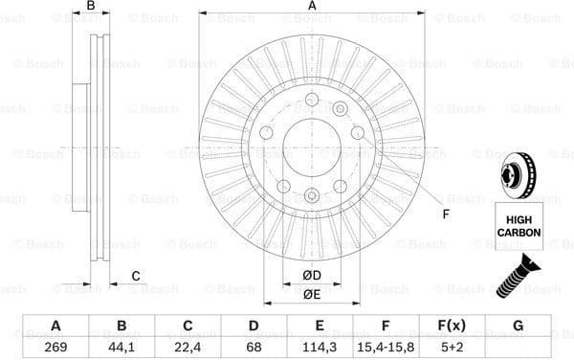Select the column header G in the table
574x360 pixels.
coord(518,326)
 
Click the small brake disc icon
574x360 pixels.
coord(518,178)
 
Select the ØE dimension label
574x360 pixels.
coord(311,295)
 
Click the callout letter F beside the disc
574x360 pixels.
coord(446,214)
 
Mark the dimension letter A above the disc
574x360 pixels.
coord(312,8)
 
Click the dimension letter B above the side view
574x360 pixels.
coord(91,8)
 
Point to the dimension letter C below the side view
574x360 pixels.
coord(136,278)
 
